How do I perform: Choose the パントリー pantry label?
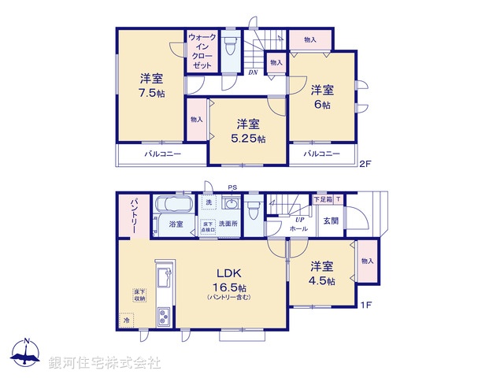(x=135, y=213)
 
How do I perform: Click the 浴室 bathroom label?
(x=176, y=224)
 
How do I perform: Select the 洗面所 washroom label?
(x=229, y=224)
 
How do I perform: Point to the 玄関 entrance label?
(x=330, y=221)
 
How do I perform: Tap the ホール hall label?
(x=298, y=228)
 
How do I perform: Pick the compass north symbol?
(x=27, y=354)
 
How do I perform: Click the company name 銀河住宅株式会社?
(x=105, y=363)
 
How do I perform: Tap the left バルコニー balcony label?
(x=162, y=154)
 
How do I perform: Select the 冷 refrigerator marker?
(x=125, y=321)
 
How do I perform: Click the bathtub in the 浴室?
(x=171, y=206)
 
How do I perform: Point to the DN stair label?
(x=253, y=72)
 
